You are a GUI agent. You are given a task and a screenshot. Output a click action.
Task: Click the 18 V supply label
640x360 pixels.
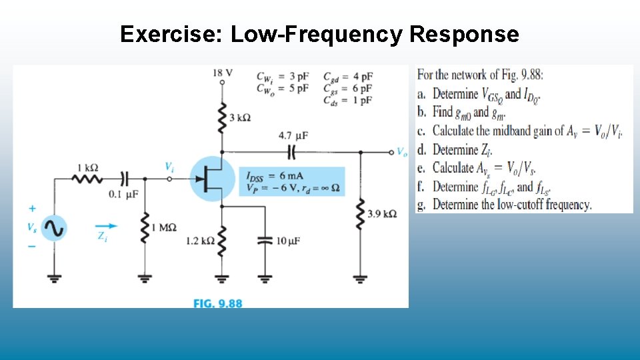click(223, 73)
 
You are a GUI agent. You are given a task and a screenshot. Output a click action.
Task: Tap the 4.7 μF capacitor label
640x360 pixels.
click(293, 135)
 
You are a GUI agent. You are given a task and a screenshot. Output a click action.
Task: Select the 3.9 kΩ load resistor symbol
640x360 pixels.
click(361, 213)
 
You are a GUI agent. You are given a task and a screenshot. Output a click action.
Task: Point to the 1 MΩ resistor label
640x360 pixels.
click(163, 227)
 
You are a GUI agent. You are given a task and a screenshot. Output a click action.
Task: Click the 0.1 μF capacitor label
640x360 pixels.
click(123, 195)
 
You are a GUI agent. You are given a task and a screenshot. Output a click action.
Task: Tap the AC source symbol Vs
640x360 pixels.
click(53, 229)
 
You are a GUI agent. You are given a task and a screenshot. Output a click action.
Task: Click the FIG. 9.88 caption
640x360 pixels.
click(218, 303)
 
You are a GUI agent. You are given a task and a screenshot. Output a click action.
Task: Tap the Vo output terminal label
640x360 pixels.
click(401, 152)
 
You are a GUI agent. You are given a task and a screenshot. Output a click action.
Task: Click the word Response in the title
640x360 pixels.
click(464, 34)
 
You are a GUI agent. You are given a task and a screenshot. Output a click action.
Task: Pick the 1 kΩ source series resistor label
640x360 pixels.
click(87, 167)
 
